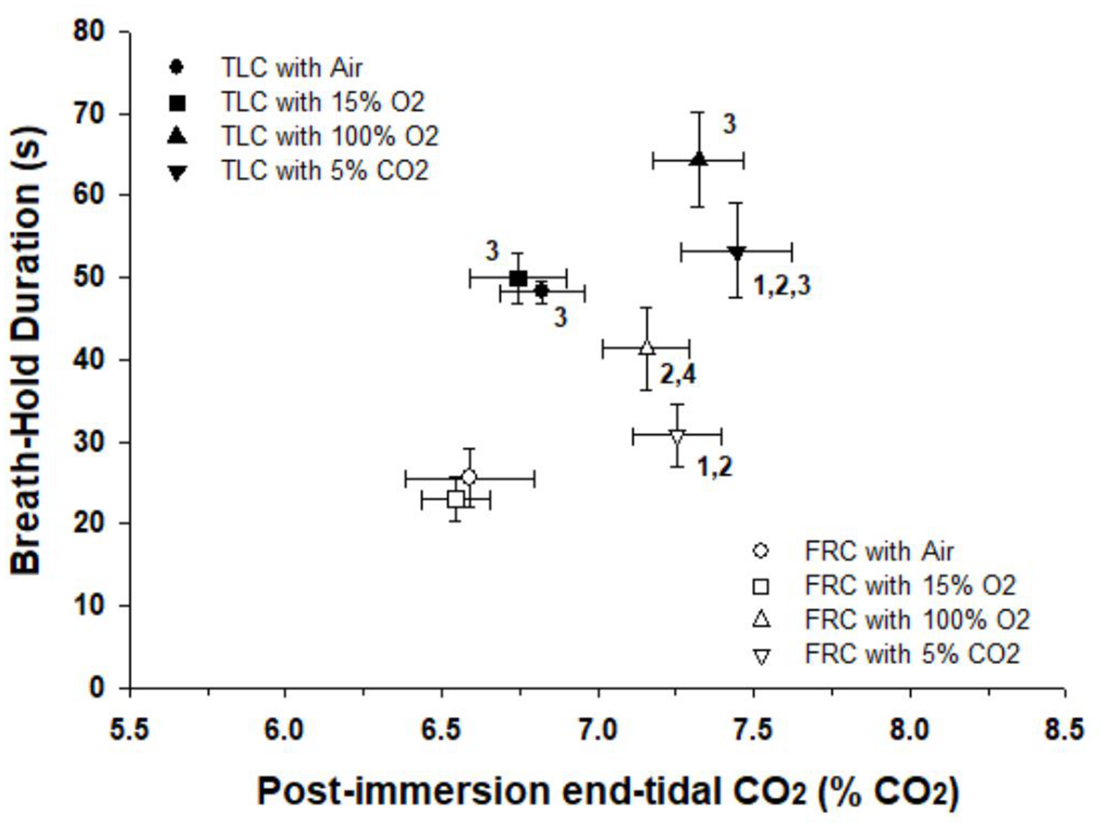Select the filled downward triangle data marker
737,253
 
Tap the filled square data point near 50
518,278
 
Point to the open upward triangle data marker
647,347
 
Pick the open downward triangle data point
677,436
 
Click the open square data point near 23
456,499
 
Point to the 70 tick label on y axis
89,114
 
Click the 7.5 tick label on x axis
753,729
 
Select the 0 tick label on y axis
97,688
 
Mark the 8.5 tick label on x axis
1065,729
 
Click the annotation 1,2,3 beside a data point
782,285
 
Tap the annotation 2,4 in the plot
678,374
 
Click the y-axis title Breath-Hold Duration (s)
26,350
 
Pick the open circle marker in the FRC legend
761,551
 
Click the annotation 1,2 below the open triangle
715,466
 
